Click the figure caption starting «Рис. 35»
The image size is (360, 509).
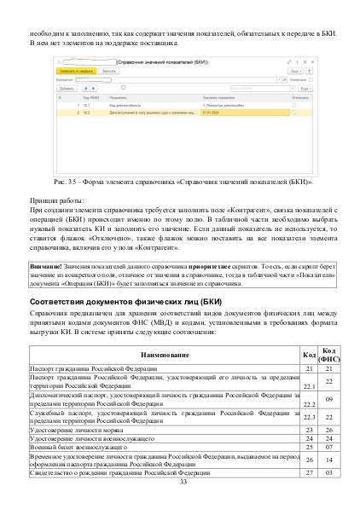point(181,182)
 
